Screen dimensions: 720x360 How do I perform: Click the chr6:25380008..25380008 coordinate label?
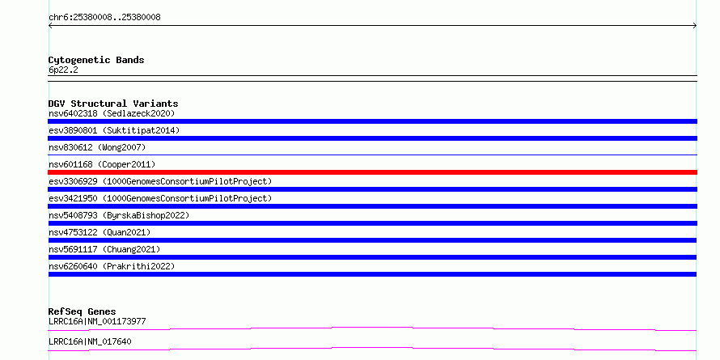click(x=104, y=18)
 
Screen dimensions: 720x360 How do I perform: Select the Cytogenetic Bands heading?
click(x=96, y=60)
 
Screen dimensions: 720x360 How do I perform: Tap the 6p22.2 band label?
click(x=63, y=70)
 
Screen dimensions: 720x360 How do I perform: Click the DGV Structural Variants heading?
click(x=113, y=104)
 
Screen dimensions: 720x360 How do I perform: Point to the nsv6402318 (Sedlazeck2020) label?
click(x=112, y=113)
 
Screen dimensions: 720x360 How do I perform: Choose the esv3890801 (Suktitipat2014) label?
click(x=114, y=130)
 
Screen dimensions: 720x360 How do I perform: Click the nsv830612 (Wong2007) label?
click(x=97, y=147)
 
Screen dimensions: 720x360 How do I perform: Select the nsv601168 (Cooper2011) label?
click(x=102, y=164)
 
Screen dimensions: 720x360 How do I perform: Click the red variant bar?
click(x=372, y=172)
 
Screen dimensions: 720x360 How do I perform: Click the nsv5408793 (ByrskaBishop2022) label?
click(x=119, y=215)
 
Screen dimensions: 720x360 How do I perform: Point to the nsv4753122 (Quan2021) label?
click(x=100, y=232)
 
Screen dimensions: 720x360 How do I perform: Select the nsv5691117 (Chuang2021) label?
click(x=104, y=249)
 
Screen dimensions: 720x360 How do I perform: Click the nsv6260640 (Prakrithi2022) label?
click(x=112, y=266)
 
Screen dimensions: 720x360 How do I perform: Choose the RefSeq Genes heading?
click(x=83, y=311)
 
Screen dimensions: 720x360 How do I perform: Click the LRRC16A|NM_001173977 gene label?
click(x=97, y=321)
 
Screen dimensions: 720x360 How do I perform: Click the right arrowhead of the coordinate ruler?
click(x=696, y=26)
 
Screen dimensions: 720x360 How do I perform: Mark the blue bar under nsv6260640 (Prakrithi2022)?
click(x=372, y=274)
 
